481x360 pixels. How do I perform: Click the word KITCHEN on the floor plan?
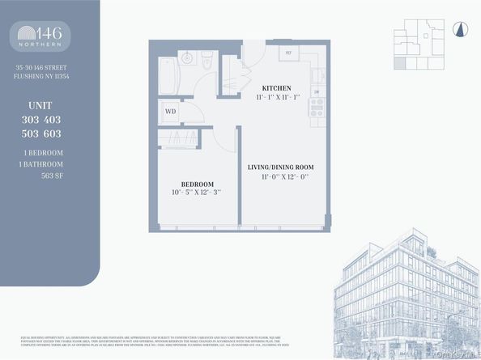pos(276,87)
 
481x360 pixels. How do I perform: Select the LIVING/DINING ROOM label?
pos(280,167)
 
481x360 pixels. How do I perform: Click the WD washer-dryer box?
pos(170,112)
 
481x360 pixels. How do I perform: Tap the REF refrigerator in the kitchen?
pos(288,54)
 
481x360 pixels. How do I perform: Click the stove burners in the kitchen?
pos(317,107)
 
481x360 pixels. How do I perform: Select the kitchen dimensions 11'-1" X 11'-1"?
pos(276,97)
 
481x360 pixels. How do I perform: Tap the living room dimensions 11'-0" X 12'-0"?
pos(280,176)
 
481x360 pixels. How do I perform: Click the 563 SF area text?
pos(52,176)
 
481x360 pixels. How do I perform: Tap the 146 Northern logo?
pos(41,36)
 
